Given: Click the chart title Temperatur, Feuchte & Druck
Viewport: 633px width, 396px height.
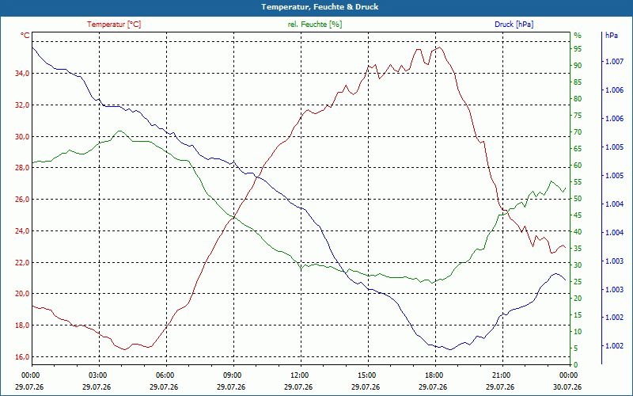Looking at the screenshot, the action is pyautogui.click(x=320, y=7).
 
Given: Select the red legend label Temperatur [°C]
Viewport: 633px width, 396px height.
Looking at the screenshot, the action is pyautogui.click(x=114, y=25).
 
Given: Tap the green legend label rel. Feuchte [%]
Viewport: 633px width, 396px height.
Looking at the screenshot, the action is pyautogui.click(x=314, y=25).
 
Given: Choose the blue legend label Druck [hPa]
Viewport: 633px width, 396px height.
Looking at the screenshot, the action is pyautogui.click(x=514, y=25).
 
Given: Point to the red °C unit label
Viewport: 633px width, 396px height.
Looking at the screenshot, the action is pyautogui.click(x=25, y=36).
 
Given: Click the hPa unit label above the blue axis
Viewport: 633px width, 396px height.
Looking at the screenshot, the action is pyautogui.click(x=611, y=36).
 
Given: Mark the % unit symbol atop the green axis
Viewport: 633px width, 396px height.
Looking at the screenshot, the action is pyautogui.click(x=578, y=36).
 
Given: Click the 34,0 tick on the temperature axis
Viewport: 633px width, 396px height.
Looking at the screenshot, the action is pyautogui.click(x=22, y=74).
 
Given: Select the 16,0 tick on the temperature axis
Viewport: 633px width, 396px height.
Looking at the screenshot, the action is pyautogui.click(x=22, y=357).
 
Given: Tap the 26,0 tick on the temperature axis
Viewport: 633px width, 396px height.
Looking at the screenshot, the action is pyautogui.click(x=22, y=200).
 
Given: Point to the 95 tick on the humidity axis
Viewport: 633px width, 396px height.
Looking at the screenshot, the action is pyautogui.click(x=578, y=49).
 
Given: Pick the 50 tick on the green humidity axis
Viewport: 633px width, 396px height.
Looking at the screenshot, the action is pyautogui.click(x=578, y=199).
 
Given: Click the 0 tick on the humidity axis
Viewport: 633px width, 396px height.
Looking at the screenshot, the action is pyautogui.click(x=576, y=364).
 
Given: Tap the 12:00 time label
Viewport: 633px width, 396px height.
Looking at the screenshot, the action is pyautogui.click(x=300, y=375).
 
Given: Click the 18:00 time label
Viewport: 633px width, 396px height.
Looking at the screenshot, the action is pyautogui.click(x=434, y=375).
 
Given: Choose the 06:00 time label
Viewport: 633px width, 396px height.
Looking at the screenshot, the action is pyautogui.click(x=165, y=375).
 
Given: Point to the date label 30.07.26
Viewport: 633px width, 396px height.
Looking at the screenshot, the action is pyautogui.click(x=567, y=386).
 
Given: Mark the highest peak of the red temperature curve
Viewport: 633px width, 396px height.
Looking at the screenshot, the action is pyautogui.click(x=440, y=48).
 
